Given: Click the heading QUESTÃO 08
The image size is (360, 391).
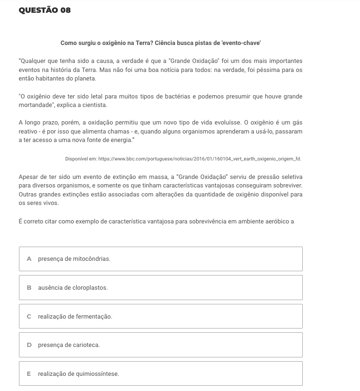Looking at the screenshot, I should (45, 10).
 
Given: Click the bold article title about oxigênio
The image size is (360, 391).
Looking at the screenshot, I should (160, 43).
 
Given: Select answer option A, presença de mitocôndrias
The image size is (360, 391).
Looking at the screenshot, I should (160, 259).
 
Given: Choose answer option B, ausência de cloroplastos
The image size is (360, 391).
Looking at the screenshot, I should (160, 288).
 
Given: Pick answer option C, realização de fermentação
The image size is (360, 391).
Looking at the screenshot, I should (160, 316).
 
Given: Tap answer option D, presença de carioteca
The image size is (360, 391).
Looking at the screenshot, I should (160, 345).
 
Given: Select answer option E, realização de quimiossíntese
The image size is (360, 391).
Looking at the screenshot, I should (160, 374).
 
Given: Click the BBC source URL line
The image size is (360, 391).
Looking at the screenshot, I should (183, 159).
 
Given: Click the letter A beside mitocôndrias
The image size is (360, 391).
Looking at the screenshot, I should (29, 259).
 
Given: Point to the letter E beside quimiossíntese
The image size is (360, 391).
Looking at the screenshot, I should (29, 374).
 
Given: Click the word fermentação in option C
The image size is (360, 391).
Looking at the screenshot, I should (97, 316).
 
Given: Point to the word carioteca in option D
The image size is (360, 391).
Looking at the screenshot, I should (87, 345).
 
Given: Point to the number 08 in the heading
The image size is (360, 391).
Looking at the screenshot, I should (65, 10).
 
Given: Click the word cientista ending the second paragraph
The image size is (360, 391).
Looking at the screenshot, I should (97, 105).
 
